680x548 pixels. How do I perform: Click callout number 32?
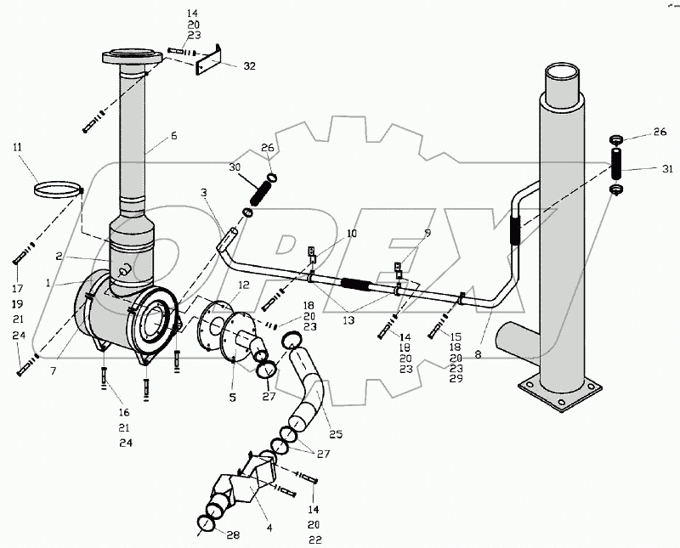pyautogui.click(x=249, y=66)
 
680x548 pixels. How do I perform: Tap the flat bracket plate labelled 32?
pyautogui.click(x=208, y=59)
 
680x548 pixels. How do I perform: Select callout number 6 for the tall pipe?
pyautogui.click(x=173, y=136)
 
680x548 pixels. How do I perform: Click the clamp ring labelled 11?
pyautogui.click(x=58, y=190)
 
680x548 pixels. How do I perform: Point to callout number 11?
pyautogui.click(x=17, y=147)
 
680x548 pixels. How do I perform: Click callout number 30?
pyautogui.click(x=235, y=167)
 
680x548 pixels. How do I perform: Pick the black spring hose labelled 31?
pyautogui.click(x=615, y=164)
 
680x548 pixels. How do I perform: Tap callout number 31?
pyautogui.click(x=668, y=169)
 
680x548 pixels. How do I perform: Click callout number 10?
pyautogui.click(x=351, y=234)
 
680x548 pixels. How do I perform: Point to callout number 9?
pyautogui.click(x=428, y=233)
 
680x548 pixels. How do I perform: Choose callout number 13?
pyautogui.click(x=348, y=320)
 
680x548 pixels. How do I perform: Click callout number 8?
pyautogui.click(x=478, y=354)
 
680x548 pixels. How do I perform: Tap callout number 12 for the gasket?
pyautogui.click(x=244, y=285)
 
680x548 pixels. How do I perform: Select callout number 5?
pyautogui.click(x=233, y=397)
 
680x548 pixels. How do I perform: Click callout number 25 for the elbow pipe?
pyautogui.click(x=336, y=433)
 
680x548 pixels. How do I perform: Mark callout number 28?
pyautogui.click(x=233, y=535)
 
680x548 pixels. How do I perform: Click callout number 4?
pyautogui.click(x=269, y=528)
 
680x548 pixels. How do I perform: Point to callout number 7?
pyautogui.click(x=54, y=371)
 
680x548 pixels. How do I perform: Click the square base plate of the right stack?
pyautogui.click(x=560, y=393)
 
